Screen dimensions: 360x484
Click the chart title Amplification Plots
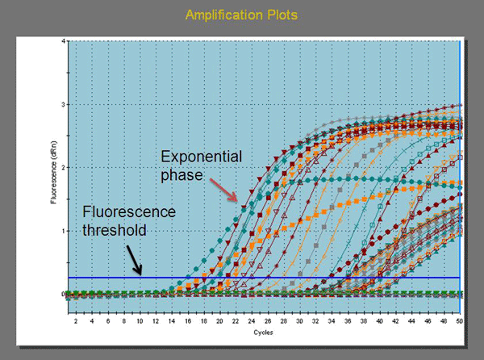pos(242,15)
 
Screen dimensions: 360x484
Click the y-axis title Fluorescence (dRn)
pos(54,168)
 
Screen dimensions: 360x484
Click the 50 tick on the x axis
pos(459,322)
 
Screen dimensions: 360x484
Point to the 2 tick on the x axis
pos(76,322)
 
